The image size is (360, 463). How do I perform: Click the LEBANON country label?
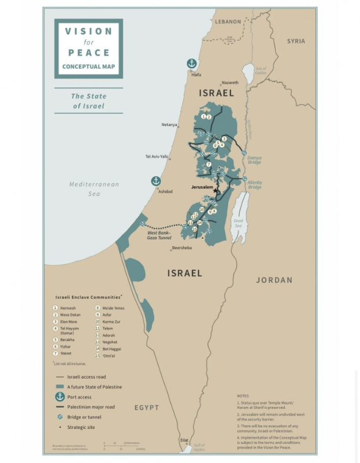click(x=228, y=21)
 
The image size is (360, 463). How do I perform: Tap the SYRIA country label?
click(x=296, y=41)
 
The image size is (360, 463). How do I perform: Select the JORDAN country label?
click(x=274, y=280)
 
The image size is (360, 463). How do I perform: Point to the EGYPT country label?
click(x=147, y=408)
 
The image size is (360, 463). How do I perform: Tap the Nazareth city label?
click(x=229, y=83)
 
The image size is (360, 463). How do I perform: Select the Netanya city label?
click(x=169, y=124)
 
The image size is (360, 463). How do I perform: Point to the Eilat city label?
click(x=184, y=440)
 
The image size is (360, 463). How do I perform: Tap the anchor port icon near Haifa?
click(x=191, y=64)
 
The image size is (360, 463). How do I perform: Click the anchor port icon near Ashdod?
click(x=155, y=182)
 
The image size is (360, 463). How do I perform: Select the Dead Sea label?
click(x=237, y=223)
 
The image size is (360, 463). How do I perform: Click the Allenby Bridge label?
click(x=255, y=185)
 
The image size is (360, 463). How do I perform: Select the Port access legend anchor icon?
click(x=59, y=397)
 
